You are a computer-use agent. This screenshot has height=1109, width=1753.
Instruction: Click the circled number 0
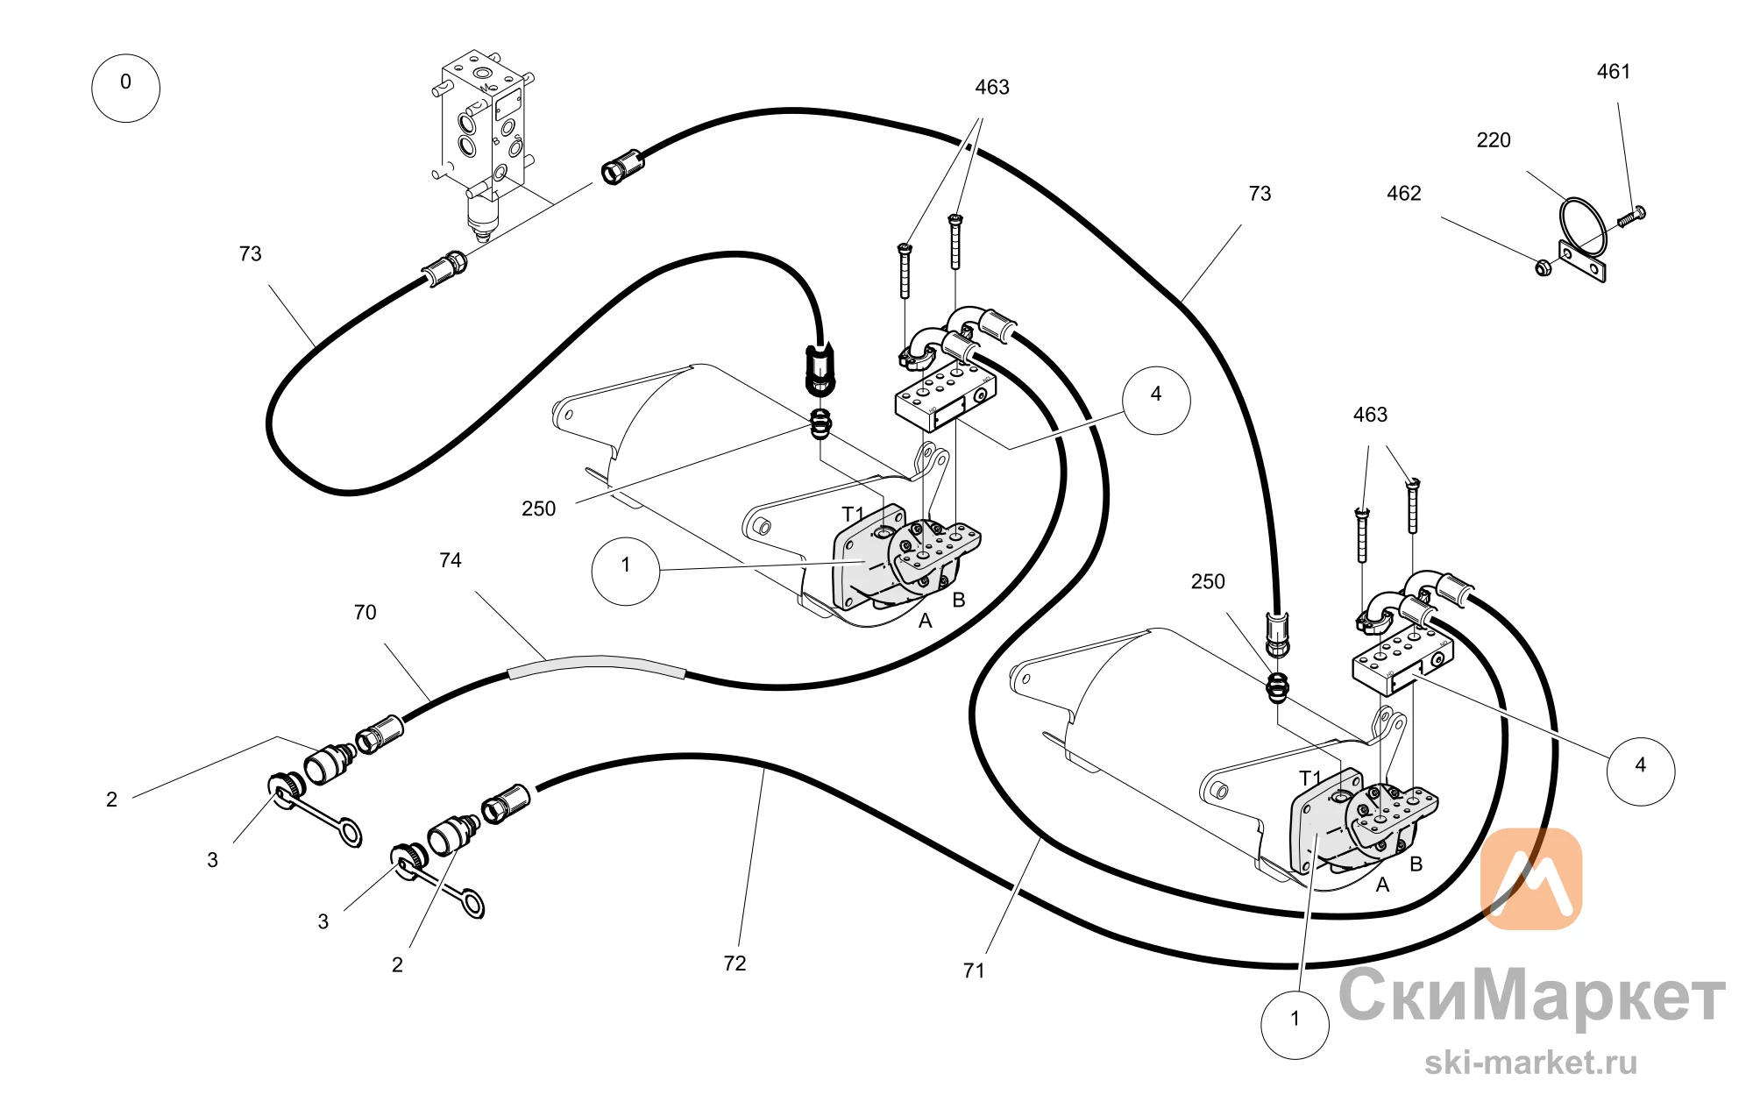coord(126,88)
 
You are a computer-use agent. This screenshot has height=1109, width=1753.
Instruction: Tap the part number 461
coord(1613,72)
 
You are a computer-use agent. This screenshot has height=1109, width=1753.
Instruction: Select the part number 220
coord(1494,140)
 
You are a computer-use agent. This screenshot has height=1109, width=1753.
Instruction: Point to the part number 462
coord(1403,194)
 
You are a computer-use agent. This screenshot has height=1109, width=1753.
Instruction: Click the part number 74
coord(450,560)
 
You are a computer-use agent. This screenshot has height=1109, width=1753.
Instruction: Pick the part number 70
coord(365,613)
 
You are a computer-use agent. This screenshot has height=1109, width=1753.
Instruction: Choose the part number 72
coord(735,963)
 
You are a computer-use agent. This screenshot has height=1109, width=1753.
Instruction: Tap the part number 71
coord(973,970)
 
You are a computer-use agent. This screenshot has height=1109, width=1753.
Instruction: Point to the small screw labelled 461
coord(1631,216)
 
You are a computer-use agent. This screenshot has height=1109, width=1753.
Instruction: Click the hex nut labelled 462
coord(1544,267)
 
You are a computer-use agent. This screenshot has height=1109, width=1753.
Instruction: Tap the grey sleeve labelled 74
coord(597,666)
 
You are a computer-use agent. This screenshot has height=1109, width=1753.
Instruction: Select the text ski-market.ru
coord(1530,1063)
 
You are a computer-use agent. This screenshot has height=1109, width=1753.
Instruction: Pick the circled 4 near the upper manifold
coord(1156,401)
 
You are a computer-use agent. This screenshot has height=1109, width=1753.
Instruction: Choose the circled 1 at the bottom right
coord(1295,1025)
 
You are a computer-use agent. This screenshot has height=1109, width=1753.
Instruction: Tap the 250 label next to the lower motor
coord(1208,582)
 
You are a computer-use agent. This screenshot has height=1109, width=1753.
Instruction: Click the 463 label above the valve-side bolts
coord(992,88)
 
